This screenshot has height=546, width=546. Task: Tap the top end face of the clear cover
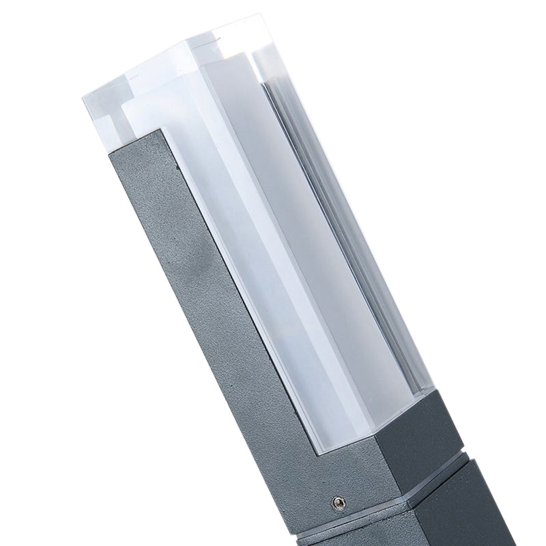click(x=198, y=68)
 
